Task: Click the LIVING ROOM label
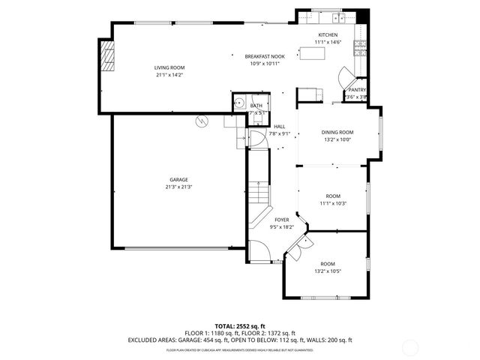tap(169, 67)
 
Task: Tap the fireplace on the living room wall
tap(108, 55)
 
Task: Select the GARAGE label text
tap(178, 179)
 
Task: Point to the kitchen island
tap(314, 52)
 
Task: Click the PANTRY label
tap(356, 90)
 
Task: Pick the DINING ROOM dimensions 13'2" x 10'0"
tap(337, 139)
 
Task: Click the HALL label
tap(279, 126)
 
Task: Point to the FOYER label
tap(281, 220)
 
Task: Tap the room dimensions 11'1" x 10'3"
tap(333, 203)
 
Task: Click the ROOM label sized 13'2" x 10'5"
tap(328, 264)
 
